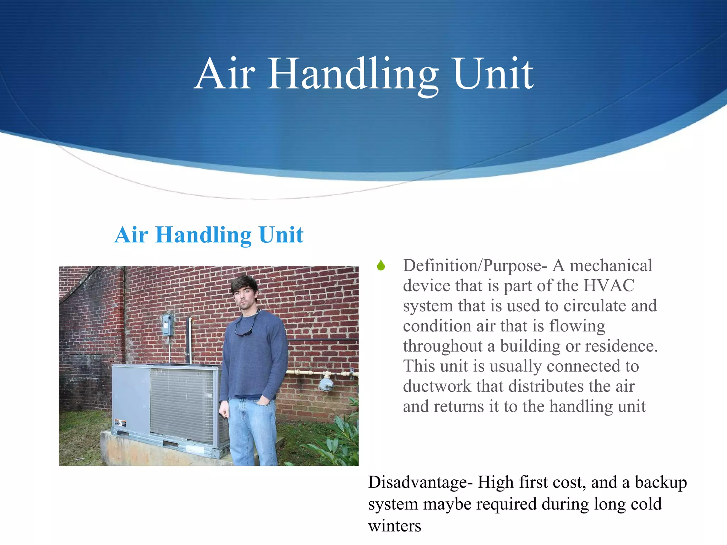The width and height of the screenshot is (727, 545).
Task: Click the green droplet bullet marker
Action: click(381, 265)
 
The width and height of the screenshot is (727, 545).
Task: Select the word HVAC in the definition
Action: click(609, 286)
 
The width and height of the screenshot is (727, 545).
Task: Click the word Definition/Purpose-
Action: click(475, 266)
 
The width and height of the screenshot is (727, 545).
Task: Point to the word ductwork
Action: click(437, 386)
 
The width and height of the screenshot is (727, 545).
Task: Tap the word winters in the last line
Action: click(394, 526)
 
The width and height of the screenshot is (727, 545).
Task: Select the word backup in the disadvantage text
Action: click(661, 483)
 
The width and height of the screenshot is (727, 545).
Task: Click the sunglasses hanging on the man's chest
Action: click(244, 332)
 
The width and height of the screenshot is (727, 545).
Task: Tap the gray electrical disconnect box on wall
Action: click(167, 325)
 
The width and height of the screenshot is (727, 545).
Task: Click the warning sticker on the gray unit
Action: click(120, 423)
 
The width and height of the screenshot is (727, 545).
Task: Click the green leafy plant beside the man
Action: click(337, 440)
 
